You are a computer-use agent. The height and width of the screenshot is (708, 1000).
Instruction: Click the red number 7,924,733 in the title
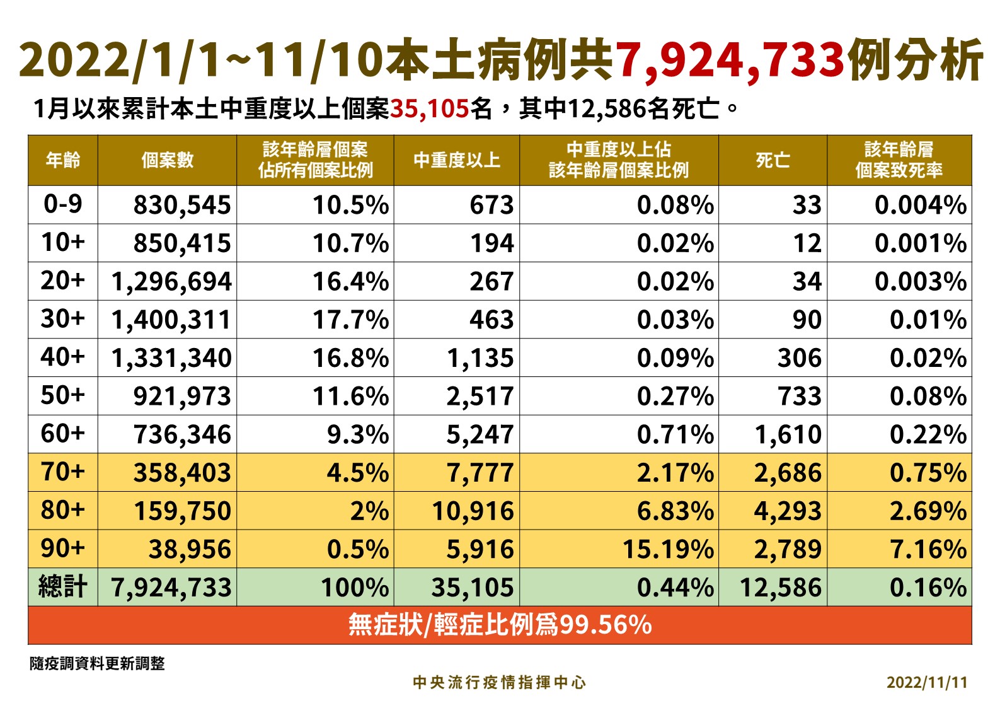pos(730,61)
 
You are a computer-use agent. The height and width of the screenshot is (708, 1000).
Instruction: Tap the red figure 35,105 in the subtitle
pos(430,108)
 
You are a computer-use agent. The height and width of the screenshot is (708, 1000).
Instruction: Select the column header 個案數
pos(168,160)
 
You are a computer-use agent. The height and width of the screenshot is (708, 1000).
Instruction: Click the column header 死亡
pos(773,160)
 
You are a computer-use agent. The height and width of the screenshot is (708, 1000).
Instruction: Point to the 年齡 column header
pos(63,160)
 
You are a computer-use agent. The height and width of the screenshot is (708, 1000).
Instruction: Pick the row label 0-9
pos(63,204)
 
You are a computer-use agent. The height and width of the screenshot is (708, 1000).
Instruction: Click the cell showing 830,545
pos(182,206)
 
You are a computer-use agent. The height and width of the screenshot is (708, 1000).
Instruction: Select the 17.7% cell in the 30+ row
pos(350,320)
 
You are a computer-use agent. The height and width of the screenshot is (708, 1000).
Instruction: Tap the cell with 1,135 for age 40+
pos(480,358)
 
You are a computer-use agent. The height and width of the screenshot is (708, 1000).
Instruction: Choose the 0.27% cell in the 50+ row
pos(675,396)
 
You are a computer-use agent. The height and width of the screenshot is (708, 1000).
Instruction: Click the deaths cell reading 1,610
pos(788,434)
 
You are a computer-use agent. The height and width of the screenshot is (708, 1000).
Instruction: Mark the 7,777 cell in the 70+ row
pos(480,473)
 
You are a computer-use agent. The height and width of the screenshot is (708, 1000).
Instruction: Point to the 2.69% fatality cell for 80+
pos(928,511)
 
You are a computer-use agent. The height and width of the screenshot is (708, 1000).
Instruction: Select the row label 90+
pos(63,548)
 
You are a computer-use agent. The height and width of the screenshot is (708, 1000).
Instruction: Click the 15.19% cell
pos(669,549)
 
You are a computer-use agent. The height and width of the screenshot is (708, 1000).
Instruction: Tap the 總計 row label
pos(63,586)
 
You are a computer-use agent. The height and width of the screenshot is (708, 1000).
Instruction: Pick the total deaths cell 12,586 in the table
pos(781,588)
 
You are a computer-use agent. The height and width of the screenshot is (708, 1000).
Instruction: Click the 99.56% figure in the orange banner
pos(606,625)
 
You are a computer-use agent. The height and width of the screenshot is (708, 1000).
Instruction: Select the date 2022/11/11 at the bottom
pos(928,683)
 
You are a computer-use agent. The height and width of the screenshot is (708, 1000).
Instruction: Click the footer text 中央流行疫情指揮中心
pos(499,683)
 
